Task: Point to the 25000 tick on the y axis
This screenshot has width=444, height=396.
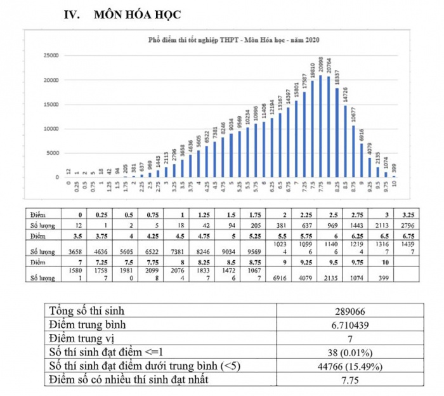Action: [x=51, y=56]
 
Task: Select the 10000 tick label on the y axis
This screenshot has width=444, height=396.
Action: [x=51, y=129]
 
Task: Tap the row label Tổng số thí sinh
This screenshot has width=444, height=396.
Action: [x=87, y=312]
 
